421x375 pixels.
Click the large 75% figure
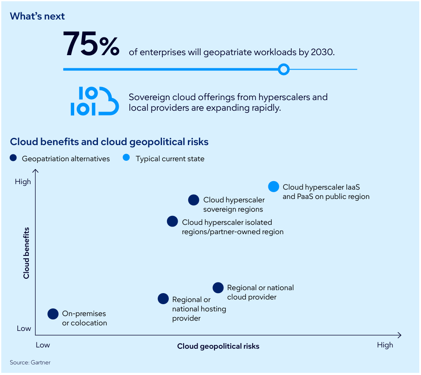91,45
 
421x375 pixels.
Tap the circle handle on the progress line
284,69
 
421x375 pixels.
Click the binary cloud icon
95,101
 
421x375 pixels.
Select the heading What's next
37,16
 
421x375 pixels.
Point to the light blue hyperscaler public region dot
274,187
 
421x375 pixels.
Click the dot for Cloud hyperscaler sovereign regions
194,200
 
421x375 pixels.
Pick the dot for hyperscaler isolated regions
173,221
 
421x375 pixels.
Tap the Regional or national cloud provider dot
218,288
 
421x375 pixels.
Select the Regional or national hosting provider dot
163,299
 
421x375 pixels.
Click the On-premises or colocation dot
53,314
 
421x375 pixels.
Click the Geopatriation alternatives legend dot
14,158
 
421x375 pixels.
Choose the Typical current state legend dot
126,158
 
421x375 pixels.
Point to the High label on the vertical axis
23,182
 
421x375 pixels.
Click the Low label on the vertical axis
24,328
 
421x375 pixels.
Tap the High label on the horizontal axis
385,345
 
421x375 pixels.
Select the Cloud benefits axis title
27,253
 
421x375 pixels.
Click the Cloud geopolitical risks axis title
218,346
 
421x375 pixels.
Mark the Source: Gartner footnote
30,363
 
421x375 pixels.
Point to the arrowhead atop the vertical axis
36,171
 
